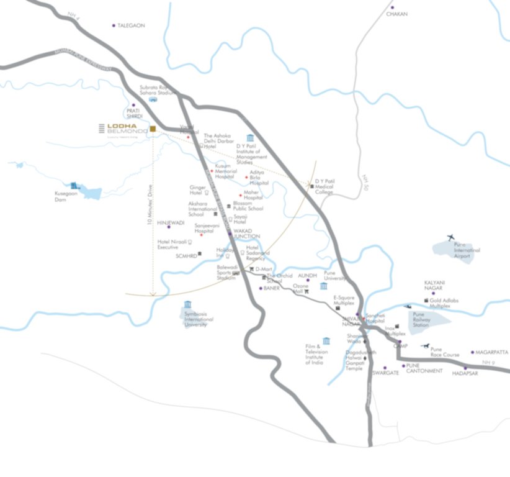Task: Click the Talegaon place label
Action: [x=131, y=25]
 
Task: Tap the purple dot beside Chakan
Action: [x=392, y=7]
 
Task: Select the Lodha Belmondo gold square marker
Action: [x=153, y=129]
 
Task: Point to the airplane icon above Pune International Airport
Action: [x=450, y=237]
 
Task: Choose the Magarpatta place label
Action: [x=492, y=352]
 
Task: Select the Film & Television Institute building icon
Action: [x=326, y=340]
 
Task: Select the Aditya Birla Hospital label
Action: [x=259, y=178]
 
